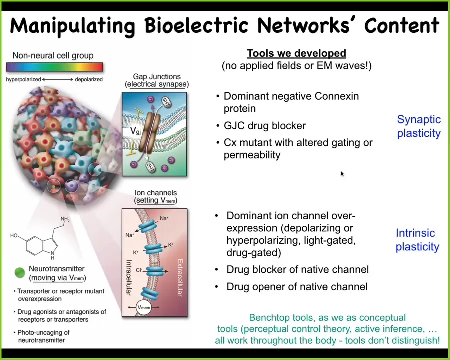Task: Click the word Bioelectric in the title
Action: pos(196,25)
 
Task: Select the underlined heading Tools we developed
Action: pos(296,53)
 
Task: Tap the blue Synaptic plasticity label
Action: pos(419,126)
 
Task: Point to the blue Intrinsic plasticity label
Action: pos(417,240)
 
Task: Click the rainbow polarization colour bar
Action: pos(54,67)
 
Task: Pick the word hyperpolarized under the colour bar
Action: pos(24,79)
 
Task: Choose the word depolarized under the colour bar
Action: pos(89,79)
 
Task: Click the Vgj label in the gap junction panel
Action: pos(135,131)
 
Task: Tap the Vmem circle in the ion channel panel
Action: pos(144,307)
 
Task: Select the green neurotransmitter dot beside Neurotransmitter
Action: pos(20,273)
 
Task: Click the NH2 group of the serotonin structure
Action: pos(65,219)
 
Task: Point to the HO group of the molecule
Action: pos(14,236)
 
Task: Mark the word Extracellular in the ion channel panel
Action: pos(180,277)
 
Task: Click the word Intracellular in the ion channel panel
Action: pos(129,277)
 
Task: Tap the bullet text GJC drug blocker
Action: pos(265,125)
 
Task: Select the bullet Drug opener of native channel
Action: pos(297,287)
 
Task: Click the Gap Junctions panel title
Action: pos(157,80)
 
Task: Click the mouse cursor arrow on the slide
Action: pos(342,174)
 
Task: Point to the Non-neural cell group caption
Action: pos(53,55)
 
